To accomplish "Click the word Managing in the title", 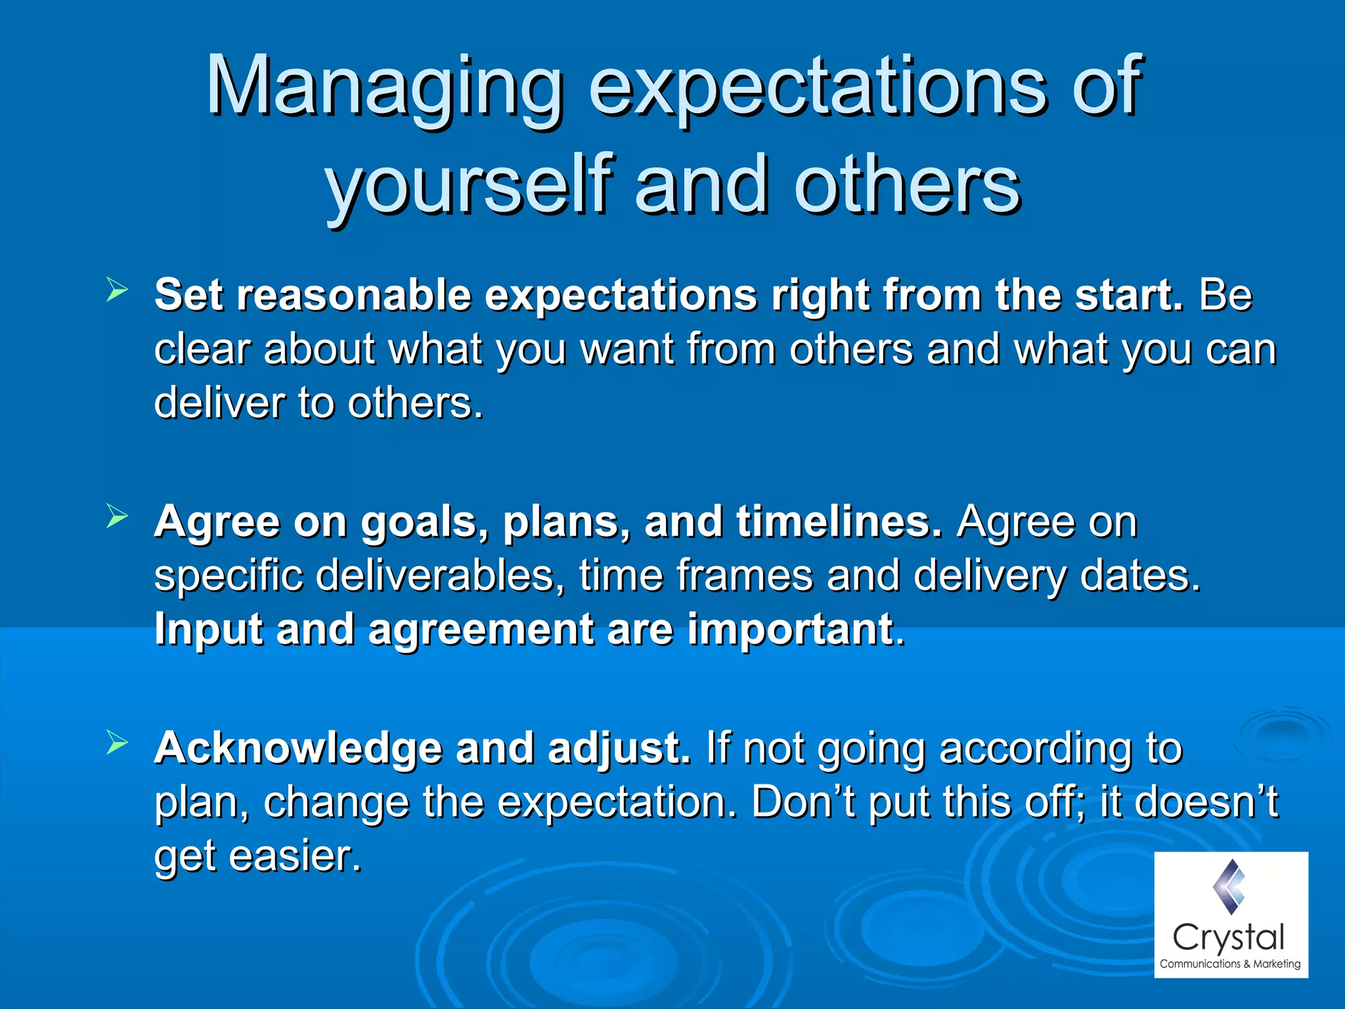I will (x=384, y=89).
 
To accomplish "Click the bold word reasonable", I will (x=353, y=295).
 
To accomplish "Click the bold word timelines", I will (x=838, y=522).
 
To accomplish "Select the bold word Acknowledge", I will (x=298, y=748).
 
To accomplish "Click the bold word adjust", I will (x=619, y=750).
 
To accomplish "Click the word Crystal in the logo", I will (x=1227, y=937).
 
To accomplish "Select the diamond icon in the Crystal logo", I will (x=1229, y=887).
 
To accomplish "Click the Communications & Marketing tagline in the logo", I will (x=1229, y=964).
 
